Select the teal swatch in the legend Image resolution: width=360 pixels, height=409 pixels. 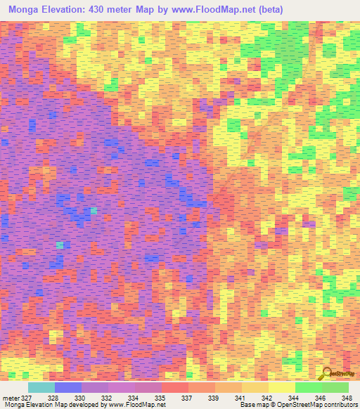click(x=41, y=387)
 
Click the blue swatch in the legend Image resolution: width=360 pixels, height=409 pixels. click(x=67, y=387)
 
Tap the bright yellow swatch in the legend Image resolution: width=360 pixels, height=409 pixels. click(x=281, y=387)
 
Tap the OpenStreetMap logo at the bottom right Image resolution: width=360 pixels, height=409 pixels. click(x=340, y=374)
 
